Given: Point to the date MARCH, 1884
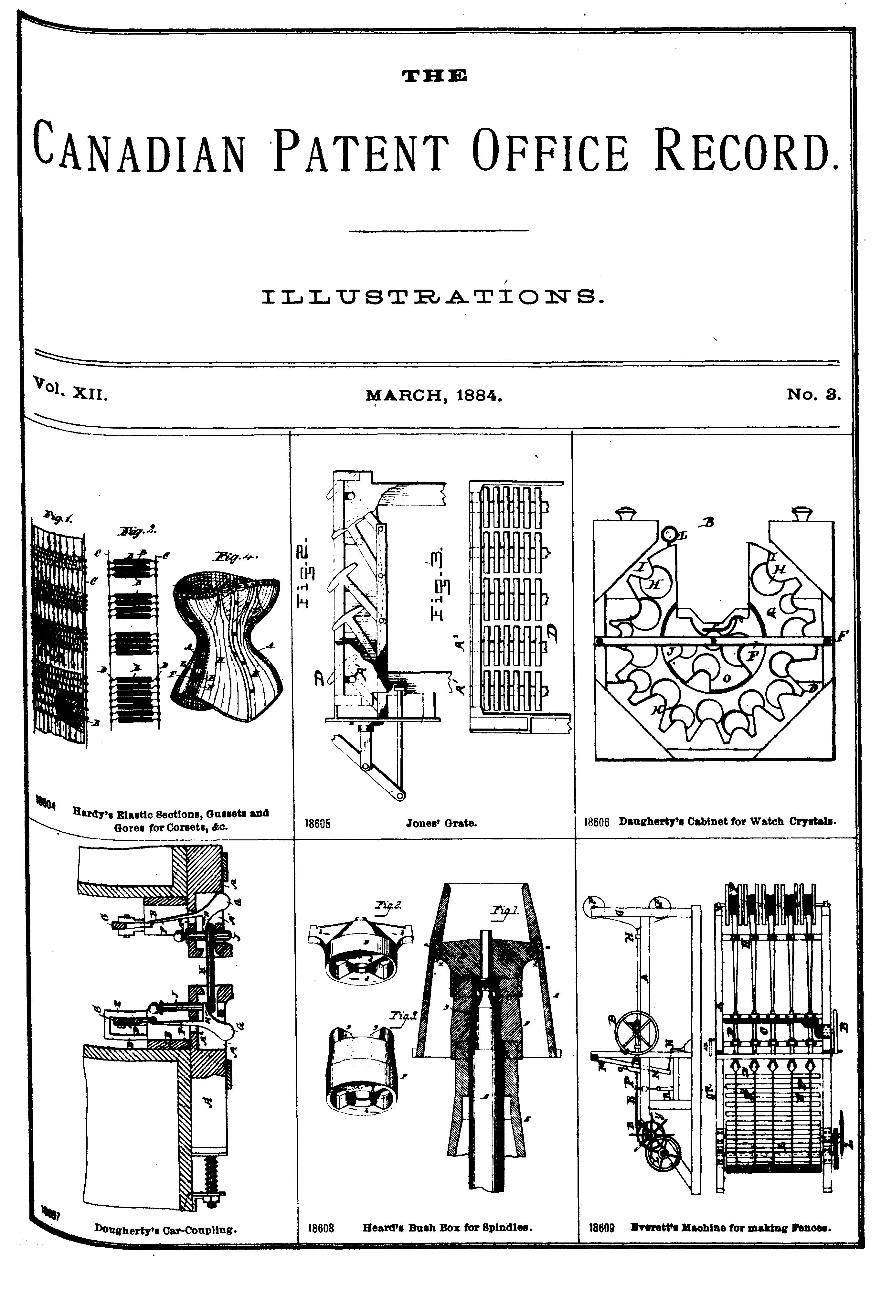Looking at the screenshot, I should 434,396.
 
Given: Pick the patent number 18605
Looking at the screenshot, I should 318,823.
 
